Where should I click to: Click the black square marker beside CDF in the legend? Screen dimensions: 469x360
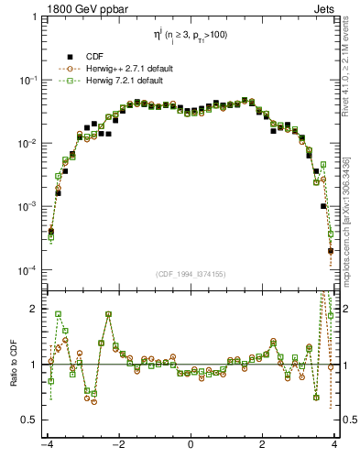(70, 57)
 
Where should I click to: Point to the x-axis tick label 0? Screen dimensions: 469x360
(191, 446)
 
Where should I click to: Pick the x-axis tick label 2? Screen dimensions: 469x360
(263, 446)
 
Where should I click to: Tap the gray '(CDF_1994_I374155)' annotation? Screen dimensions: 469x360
(191, 275)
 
